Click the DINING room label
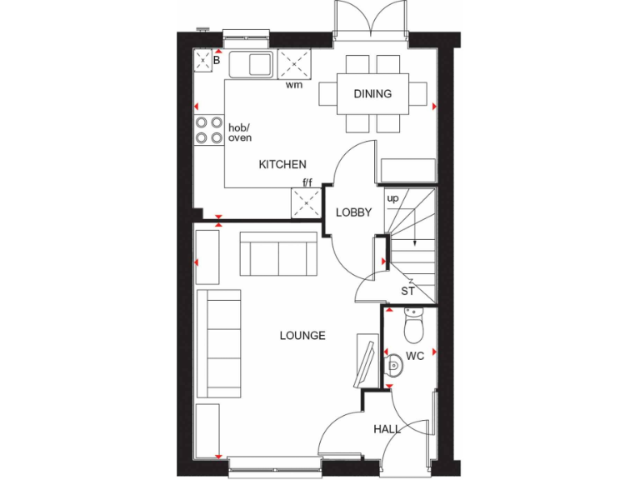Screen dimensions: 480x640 372,94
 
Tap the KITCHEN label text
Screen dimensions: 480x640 282,165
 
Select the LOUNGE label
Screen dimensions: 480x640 302,336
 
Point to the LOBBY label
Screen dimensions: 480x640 353,212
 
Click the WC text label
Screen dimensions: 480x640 416,357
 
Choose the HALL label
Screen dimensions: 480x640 387,429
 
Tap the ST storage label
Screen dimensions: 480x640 407,291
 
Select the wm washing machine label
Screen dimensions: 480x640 293,85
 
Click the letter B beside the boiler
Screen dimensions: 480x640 217,60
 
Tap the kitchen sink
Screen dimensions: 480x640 252,63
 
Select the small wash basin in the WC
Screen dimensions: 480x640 393,364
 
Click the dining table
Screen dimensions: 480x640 372,93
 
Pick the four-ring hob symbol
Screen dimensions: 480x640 208,132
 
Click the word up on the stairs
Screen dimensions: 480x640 392,198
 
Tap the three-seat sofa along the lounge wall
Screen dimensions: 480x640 218,343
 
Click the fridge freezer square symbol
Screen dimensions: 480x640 305,202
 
